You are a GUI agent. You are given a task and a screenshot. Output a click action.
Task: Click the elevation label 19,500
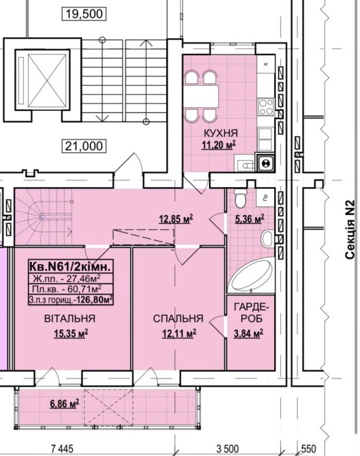84,14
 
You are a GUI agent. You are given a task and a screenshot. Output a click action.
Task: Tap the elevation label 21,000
84,146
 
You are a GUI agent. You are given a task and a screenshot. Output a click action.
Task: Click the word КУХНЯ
221,133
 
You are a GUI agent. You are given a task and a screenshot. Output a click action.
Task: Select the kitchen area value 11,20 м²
218,144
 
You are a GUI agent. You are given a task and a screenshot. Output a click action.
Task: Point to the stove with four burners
266,107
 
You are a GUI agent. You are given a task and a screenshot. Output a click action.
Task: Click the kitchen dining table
201,97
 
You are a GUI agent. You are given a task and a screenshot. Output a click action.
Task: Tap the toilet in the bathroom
240,198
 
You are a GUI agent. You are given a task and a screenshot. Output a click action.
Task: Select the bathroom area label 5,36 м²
250,218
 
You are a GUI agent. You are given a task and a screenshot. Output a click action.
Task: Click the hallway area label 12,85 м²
176,218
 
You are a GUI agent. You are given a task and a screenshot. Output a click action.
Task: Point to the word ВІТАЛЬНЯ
70,319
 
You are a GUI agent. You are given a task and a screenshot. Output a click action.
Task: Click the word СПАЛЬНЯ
178,319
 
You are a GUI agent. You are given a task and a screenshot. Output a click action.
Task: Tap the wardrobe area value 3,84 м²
248,333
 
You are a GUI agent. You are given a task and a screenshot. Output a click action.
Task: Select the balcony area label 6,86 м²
65,404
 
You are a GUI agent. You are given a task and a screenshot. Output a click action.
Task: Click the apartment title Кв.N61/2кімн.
70,266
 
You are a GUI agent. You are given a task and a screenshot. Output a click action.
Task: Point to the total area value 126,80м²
94,299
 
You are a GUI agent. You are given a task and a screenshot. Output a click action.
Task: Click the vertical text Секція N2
350,229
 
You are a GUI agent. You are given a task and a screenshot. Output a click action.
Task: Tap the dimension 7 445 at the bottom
62,449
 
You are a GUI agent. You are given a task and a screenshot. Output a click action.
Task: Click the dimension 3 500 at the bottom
228,449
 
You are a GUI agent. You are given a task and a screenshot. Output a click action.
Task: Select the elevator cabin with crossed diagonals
42,80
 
